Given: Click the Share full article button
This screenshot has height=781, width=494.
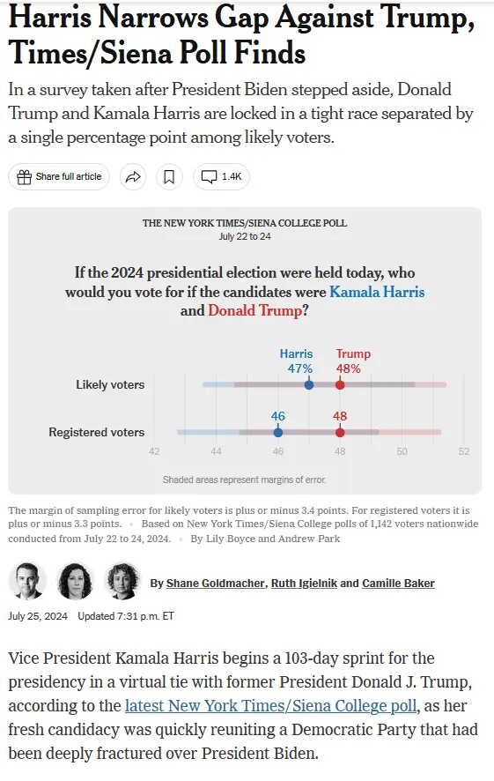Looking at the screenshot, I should click(59, 176).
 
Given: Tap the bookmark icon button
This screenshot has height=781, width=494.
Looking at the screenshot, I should click(169, 176).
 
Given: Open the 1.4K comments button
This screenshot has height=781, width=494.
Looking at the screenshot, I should click(221, 176).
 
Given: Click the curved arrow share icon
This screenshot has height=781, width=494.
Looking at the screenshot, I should click(132, 176).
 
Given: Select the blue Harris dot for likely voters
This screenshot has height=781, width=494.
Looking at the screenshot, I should click(308, 384).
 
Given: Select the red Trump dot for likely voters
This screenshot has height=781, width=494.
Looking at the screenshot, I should click(340, 384).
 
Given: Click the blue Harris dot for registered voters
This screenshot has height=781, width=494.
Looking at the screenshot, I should click(278, 432).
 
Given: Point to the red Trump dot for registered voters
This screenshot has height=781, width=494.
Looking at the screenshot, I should click(340, 432).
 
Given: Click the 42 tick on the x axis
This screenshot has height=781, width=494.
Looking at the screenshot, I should click(154, 451).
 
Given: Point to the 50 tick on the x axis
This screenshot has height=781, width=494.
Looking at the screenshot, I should click(402, 451).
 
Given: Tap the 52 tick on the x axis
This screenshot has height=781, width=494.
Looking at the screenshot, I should click(463, 451).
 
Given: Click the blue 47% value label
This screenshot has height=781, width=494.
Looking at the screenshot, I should click(300, 368).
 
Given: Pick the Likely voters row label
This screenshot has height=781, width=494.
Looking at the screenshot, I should click(110, 384).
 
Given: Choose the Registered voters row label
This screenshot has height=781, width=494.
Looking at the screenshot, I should click(96, 432).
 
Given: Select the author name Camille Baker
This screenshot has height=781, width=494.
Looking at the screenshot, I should click(398, 583).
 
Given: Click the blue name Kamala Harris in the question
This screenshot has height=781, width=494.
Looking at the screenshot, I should click(377, 292).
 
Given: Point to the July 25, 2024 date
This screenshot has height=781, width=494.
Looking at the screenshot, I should click(38, 616).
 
